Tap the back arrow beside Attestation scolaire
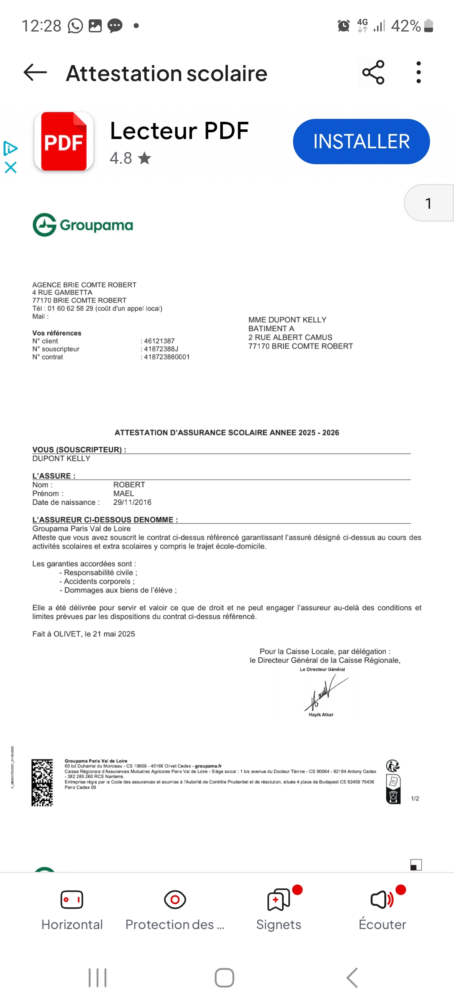click(35, 73)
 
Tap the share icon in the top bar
click(373, 72)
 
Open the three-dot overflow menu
click(418, 72)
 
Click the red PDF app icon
click(64, 142)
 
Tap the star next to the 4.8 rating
click(144, 158)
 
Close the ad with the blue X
click(11, 168)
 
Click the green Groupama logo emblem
click(45, 225)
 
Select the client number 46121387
click(159, 341)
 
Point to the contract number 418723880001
click(167, 357)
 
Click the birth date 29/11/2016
click(132, 502)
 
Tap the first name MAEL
click(124, 493)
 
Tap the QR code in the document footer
click(42, 782)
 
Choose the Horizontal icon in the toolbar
click(72, 900)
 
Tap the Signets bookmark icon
click(278, 900)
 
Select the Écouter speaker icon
click(381, 900)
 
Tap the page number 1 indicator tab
click(428, 203)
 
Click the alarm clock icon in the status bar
click(343, 26)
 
